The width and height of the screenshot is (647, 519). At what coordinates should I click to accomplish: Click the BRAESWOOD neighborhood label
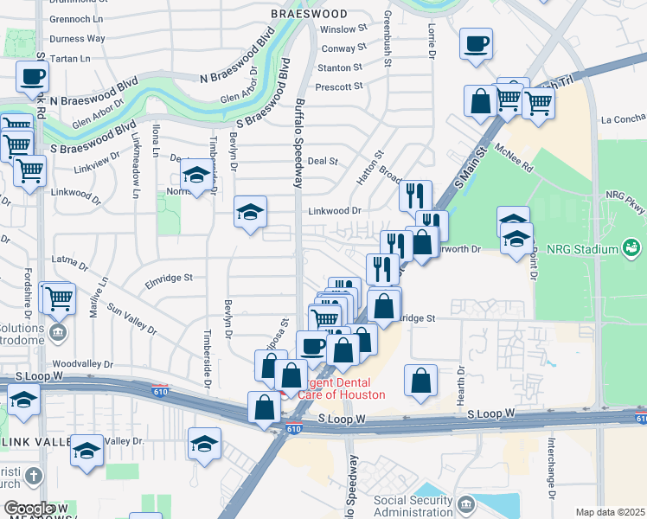coord(309,15)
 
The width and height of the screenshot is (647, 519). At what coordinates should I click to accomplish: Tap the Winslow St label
coord(343,29)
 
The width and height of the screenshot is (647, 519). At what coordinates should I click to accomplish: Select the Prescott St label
coord(340,87)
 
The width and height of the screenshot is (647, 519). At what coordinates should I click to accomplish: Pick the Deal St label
coord(322,161)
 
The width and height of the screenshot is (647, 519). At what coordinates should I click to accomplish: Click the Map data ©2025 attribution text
coord(610,512)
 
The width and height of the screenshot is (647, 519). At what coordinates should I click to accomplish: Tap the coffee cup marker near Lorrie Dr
coord(476,44)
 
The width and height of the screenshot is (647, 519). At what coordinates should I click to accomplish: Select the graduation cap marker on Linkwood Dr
coord(251,211)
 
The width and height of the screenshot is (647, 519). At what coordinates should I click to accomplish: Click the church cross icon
coord(33,476)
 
